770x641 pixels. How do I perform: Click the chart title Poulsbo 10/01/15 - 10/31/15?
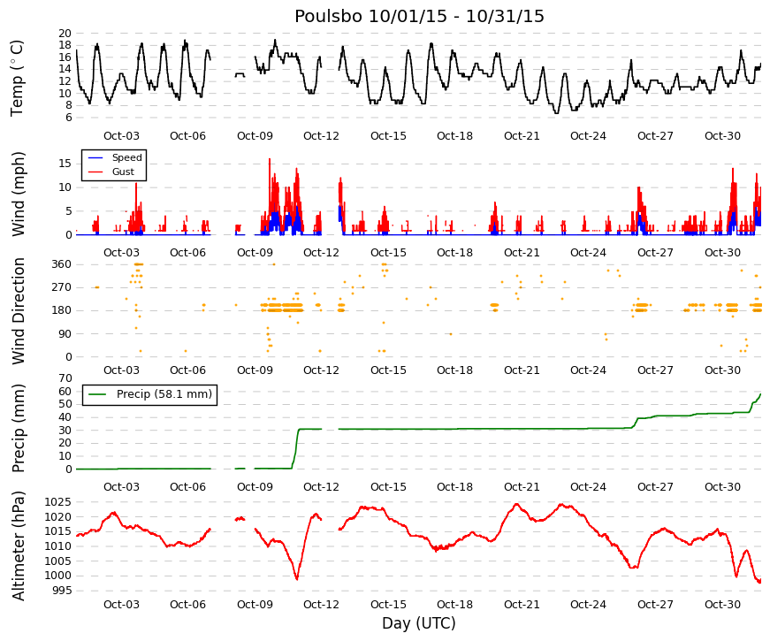419,16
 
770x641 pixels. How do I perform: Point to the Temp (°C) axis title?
17,78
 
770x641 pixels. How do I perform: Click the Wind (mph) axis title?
19,194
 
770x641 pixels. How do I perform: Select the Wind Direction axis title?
19,311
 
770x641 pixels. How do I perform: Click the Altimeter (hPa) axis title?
19,546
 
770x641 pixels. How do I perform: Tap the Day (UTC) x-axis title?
419,623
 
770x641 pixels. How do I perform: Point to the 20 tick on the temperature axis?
65,34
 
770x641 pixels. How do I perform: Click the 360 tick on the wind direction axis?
62,264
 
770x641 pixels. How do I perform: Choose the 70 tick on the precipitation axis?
65,378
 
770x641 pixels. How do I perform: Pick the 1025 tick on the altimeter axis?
58,502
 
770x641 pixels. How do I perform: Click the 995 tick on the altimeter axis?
61,591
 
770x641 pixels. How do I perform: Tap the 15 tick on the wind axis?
65,164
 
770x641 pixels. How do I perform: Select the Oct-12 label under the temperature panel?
321,136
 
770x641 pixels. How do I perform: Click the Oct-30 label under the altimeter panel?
722,605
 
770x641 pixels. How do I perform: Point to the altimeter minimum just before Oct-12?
297,579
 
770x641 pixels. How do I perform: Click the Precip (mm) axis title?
19,428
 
